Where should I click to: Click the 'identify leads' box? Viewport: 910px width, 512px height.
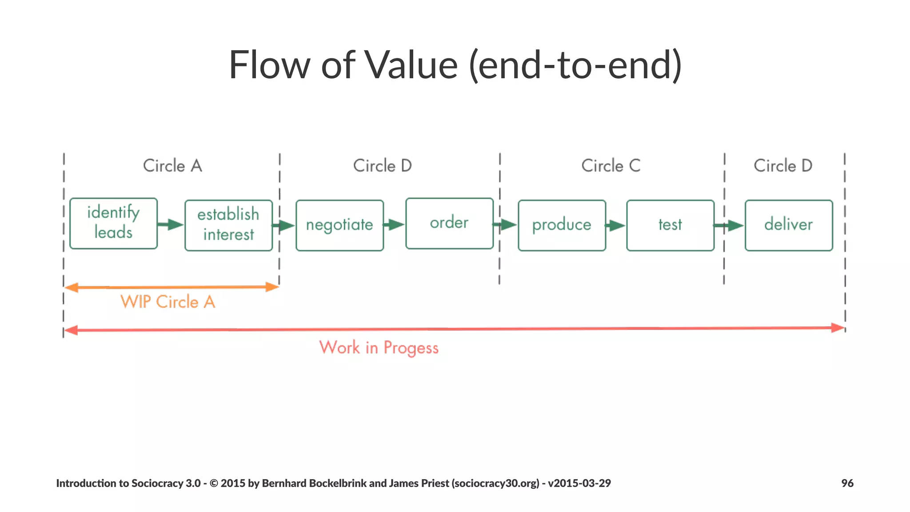pyautogui.click(x=114, y=223)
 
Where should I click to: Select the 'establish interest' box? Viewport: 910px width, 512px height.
pyautogui.click(x=228, y=225)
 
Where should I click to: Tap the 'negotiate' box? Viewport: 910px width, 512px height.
pyautogui.click(x=339, y=225)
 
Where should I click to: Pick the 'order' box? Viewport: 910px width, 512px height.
pyautogui.click(x=449, y=223)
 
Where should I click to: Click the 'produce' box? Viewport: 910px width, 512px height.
pyautogui.click(x=562, y=225)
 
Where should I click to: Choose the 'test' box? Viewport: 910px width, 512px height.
pyautogui.click(x=670, y=225)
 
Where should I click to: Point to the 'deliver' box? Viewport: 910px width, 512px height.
pyautogui.click(x=789, y=225)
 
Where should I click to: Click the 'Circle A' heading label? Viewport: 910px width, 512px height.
pyautogui.click(x=172, y=166)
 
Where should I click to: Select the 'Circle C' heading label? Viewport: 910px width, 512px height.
pyautogui.click(x=611, y=166)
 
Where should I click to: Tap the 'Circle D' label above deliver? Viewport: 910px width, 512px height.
pyautogui.click(x=783, y=166)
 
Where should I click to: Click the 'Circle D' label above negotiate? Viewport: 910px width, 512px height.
pyautogui.click(x=383, y=166)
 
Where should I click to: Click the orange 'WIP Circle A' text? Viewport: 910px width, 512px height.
pyautogui.click(x=168, y=302)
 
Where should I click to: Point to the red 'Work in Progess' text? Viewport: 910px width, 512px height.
pyautogui.click(x=379, y=348)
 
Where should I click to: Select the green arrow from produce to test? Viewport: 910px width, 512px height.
pyautogui.click(x=616, y=226)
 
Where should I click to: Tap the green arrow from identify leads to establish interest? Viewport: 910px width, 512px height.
pyautogui.click(x=171, y=224)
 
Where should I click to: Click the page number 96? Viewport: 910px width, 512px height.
pyautogui.click(x=847, y=483)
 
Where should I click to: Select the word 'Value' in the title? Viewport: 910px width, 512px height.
pyautogui.click(x=411, y=65)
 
